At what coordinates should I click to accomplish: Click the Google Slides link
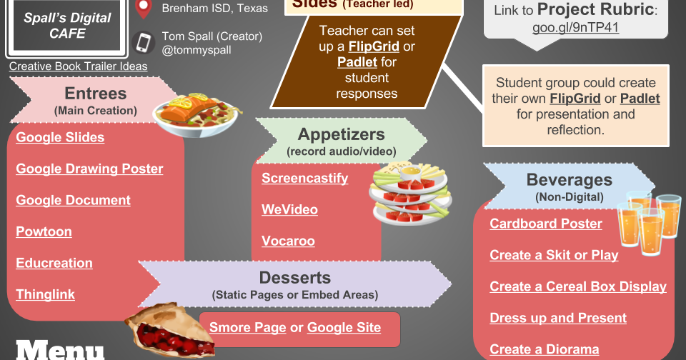point(60,138)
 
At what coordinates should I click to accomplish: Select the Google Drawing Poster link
point(89,169)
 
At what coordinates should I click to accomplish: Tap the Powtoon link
point(44,232)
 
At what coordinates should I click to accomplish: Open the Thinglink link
point(45,295)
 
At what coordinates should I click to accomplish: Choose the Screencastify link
point(304,179)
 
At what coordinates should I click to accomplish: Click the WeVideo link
point(289,210)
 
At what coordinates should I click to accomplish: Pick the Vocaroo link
point(288,241)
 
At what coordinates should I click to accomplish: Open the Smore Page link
point(242,328)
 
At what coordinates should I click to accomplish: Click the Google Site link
point(344,328)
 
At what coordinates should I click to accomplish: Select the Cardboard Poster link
point(546,224)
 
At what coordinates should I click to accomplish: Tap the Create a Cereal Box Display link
point(577,287)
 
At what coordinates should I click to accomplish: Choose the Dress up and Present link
point(558,319)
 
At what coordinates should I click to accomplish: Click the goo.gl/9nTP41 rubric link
point(575,29)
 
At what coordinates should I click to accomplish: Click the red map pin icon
point(144,9)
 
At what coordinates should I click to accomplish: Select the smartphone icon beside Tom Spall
point(144,43)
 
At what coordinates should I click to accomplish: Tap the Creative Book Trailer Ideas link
point(78,66)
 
